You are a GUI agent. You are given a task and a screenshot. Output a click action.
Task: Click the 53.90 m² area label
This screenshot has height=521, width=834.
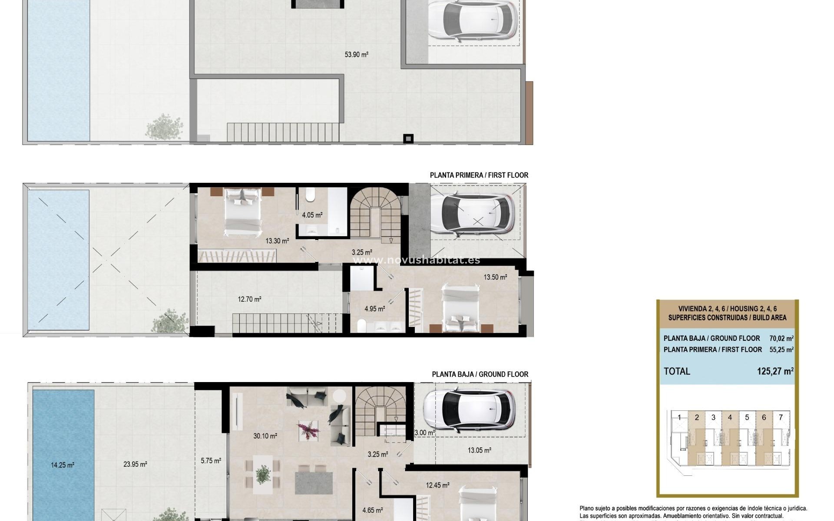coord(356,55)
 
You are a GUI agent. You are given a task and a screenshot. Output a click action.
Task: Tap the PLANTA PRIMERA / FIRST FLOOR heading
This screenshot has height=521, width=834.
coord(479,175)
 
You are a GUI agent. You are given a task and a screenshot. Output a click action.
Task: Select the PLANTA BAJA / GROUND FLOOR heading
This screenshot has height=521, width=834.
coord(480,374)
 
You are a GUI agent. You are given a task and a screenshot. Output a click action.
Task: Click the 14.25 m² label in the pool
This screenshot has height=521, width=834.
coord(63,465)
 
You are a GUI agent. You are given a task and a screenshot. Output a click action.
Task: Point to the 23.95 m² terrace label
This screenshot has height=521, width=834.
coord(135,464)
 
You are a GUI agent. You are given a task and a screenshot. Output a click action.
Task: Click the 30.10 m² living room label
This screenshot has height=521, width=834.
coord(265,436)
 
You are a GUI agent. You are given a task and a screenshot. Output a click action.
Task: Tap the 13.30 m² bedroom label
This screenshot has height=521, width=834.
coord(277,241)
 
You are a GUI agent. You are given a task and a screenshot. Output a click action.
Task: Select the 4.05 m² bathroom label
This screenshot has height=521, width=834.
coord(312,215)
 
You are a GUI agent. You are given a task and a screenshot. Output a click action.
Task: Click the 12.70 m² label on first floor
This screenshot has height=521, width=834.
coord(249,299)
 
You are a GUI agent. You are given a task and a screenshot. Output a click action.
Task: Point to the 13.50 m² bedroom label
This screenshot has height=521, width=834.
coord(495,277)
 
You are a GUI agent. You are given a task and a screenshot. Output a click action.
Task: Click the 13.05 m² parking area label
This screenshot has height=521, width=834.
coord(479,450)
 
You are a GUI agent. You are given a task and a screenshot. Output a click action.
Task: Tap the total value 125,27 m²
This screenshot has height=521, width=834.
coord(775,371)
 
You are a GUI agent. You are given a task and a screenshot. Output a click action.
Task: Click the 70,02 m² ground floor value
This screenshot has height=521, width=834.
coord(781,338)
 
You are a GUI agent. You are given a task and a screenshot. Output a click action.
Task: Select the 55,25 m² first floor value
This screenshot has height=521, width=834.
coord(781,350)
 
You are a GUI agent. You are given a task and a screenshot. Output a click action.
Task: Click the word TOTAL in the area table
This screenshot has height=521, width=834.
coord(677,371)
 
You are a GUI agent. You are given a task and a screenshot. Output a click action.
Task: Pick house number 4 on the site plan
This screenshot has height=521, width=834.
coord(730,417)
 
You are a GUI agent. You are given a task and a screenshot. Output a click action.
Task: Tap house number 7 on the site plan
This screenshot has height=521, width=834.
coord(781,417)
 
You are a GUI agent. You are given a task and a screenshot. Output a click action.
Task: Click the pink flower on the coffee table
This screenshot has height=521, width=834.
coord(308,430)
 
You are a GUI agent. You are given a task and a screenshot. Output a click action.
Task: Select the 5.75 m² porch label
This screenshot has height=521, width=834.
coord(211,461)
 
